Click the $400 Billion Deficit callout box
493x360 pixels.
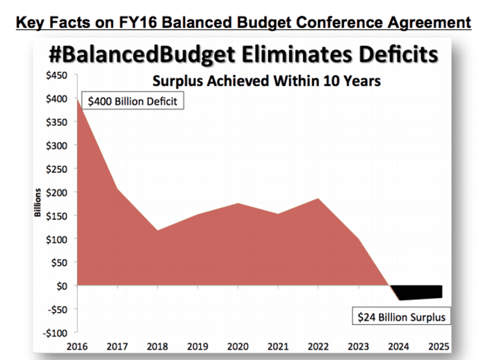coord(132,101)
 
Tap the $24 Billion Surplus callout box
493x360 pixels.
coord(401,317)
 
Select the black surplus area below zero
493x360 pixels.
coord(418,292)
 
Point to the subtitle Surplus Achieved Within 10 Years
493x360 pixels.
coord(267,81)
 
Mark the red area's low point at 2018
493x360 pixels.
coord(157,231)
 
